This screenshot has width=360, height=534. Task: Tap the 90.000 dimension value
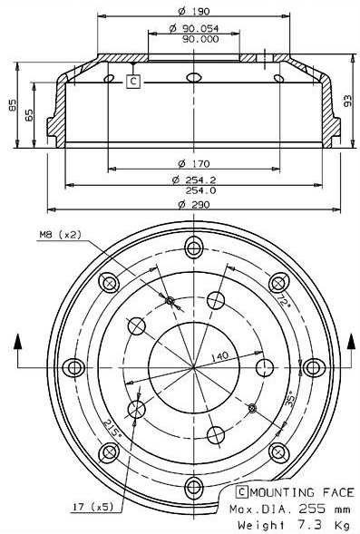(x=199, y=40)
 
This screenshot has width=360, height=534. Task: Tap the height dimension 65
(x=30, y=115)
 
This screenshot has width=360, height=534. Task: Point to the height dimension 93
(x=347, y=100)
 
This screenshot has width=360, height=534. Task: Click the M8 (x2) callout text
(x=60, y=234)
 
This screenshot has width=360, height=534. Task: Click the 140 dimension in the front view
(x=219, y=356)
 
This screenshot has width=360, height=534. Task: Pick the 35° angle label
(x=289, y=397)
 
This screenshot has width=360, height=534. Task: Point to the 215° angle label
(x=113, y=427)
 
